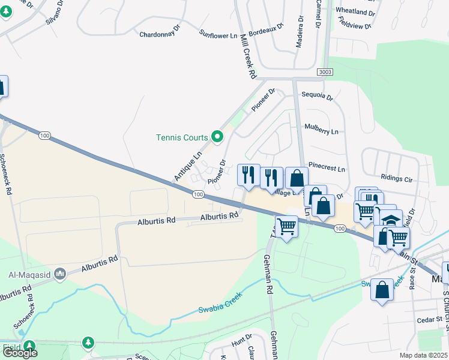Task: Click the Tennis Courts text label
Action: pyautogui.click(x=181, y=137)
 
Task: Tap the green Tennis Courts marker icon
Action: pyautogui.click(x=217, y=137)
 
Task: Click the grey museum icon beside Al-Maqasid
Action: pyautogui.click(x=59, y=275)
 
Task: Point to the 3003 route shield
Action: pyautogui.click(x=325, y=72)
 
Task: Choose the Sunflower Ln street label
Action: pyautogui.click(x=218, y=35)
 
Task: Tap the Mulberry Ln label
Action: pyautogui.click(x=322, y=130)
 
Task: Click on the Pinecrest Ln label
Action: pyautogui.click(x=327, y=169)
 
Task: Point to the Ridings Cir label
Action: pyautogui.click(x=397, y=178)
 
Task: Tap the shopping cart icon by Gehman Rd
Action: pyautogui.click(x=286, y=226)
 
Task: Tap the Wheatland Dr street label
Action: pyautogui.click(x=355, y=11)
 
